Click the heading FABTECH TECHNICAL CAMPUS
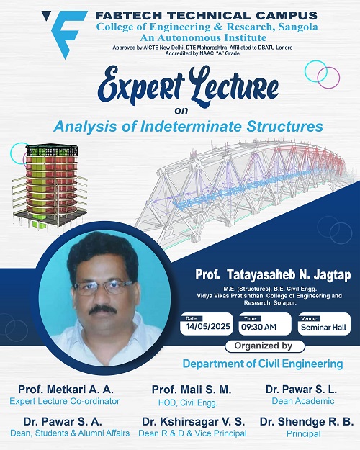[206, 15]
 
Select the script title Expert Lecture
[189, 86]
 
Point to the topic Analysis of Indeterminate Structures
[189, 127]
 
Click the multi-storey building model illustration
[50, 186]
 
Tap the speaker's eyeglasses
[104, 287]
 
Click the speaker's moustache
[102, 310]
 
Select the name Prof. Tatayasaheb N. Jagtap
[273, 274]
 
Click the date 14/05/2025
[207, 327]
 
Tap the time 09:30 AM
[258, 327]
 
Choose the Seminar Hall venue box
[324, 324]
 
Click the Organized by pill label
[264, 346]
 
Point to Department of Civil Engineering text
[263, 364]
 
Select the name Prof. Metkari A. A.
[66, 390]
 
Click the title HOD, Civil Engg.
[188, 402]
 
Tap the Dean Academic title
[303, 401]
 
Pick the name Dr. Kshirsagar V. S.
[193, 422]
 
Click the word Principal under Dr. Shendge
[303, 434]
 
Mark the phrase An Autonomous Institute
[203, 37]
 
